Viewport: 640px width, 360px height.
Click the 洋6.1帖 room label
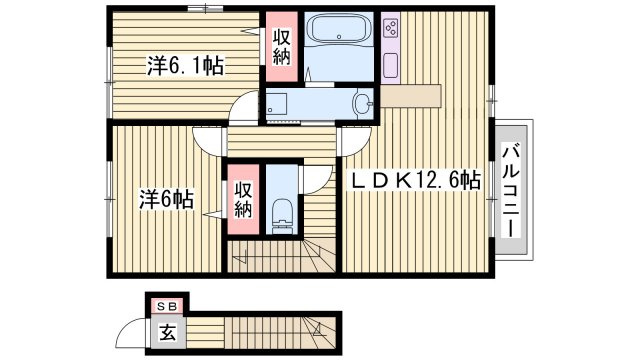185,67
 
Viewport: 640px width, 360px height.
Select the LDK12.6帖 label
414,181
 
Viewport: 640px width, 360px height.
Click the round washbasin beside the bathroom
362,104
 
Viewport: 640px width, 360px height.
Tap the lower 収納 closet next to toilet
244,198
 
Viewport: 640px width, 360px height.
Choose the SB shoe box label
162,305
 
